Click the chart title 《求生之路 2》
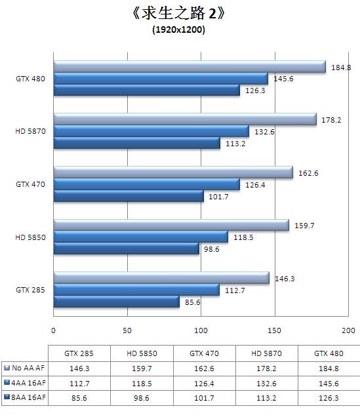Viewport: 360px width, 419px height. pos(179,14)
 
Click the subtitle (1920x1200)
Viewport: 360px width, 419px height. pos(179,30)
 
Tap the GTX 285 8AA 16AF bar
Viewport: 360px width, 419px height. pos(116,302)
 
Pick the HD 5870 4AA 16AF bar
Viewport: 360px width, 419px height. pos(151,131)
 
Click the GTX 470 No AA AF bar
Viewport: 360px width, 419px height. pos(172,172)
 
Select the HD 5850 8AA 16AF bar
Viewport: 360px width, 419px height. pos(126,249)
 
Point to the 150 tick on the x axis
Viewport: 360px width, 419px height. pos(274,330)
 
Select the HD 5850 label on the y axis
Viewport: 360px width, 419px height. pos(30,237)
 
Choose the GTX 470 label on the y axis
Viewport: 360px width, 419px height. pos(30,184)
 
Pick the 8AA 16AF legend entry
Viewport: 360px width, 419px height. pos(24,397)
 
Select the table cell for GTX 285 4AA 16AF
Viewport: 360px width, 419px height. pos(79,382)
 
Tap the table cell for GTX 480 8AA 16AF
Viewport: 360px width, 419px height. pos(329,397)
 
